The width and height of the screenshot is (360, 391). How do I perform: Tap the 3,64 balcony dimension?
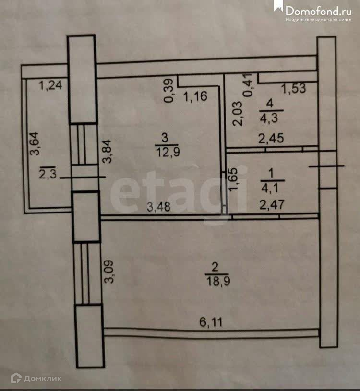tap(34, 144)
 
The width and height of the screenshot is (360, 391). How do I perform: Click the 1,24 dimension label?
tap(51, 86)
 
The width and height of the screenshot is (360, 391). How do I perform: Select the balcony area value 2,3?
tap(48, 174)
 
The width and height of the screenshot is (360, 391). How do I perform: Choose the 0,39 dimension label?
tap(168, 91)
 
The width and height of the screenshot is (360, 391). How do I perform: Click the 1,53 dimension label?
tap(293, 89)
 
